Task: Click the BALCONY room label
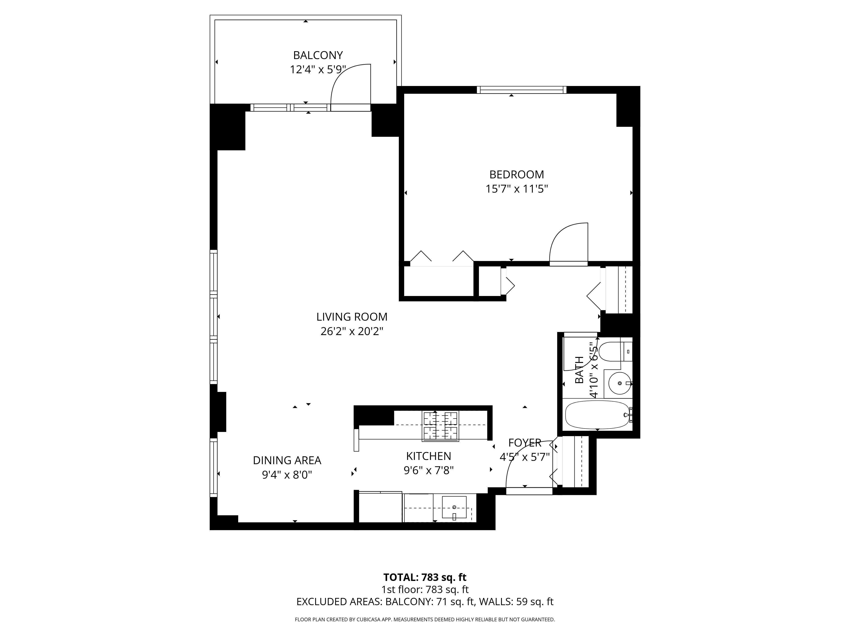click(318, 55)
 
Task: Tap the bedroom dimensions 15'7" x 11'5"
click(516, 189)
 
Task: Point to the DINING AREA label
click(287, 460)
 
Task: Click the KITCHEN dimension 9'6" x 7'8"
click(428, 470)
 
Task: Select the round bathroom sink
click(619, 383)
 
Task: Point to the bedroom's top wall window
click(521, 90)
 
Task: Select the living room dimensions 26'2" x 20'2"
click(352, 331)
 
